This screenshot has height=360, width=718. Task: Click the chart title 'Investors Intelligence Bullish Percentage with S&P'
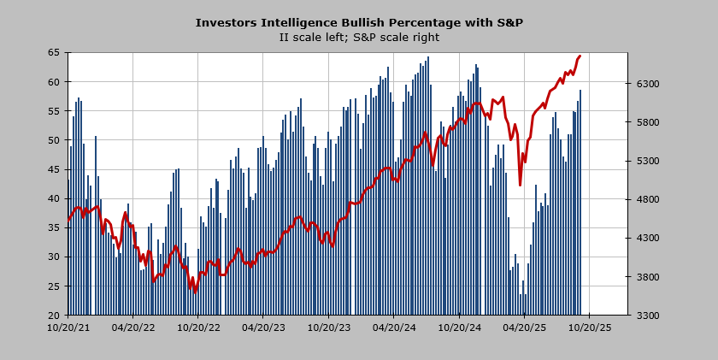pyautogui.click(x=359, y=22)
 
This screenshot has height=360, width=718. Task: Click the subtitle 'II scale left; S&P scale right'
pyautogui.click(x=359, y=37)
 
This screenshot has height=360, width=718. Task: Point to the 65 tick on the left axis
pyautogui.click(x=53, y=53)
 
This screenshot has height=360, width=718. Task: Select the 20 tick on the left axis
pyautogui.click(x=53, y=315)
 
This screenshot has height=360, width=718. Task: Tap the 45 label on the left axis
pyautogui.click(x=53, y=169)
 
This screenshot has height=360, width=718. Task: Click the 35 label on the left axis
pyautogui.click(x=53, y=227)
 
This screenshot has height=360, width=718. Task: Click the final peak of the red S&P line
pyautogui.click(x=580, y=56)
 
